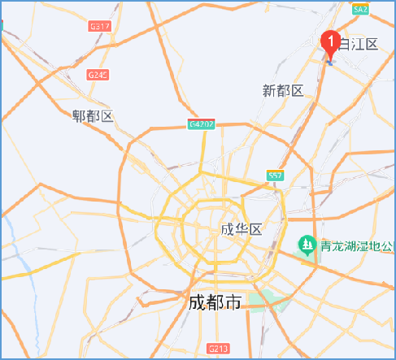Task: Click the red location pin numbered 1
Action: point(331,41)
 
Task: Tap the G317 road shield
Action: point(99,27)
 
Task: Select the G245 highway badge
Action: point(98,75)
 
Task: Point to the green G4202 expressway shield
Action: point(202,124)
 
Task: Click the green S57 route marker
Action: point(275,176)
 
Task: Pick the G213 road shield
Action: point(218,349)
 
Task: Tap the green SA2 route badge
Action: point(361,9)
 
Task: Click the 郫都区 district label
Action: point(92,116)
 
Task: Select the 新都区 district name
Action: point(283,90)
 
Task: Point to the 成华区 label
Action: point(242,230)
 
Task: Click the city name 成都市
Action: point(215,303)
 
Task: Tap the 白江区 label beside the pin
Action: point(360,43)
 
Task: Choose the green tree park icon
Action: point(306,244)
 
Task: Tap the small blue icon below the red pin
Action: point(330,59)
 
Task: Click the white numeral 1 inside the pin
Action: point(331,37)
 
